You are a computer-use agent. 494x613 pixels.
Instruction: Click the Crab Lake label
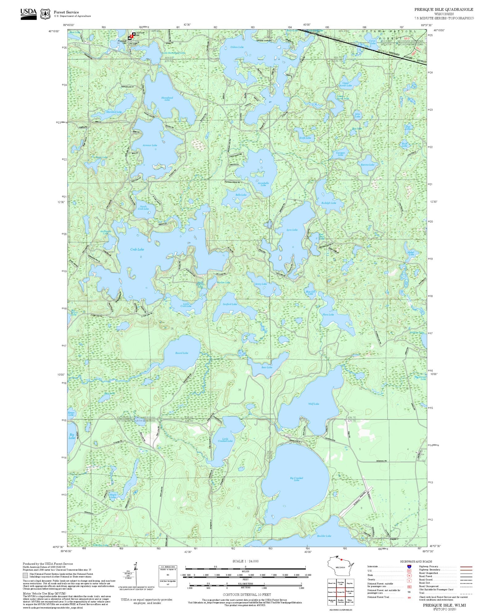point(137,249)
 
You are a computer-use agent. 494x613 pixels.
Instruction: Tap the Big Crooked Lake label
point(296,479)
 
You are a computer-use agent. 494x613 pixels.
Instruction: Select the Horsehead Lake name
point(167,99)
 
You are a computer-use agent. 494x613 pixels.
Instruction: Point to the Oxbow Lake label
point(237,47)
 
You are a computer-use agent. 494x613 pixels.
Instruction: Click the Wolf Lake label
point(314,404)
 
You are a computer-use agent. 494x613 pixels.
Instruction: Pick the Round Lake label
point(182,353)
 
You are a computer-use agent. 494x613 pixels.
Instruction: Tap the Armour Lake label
point(150,145)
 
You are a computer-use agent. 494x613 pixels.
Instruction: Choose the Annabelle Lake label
point(263,184)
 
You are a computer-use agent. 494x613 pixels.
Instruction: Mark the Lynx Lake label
point(292,230)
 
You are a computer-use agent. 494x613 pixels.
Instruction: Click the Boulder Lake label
point(324,536)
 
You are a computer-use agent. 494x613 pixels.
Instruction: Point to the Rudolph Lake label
point(329,203)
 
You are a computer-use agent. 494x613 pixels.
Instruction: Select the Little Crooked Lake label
point(225,440)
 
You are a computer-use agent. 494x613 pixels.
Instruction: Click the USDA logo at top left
point(28,14)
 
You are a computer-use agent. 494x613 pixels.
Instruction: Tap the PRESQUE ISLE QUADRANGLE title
point(444,10)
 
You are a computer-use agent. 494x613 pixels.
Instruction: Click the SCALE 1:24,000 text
point(245,561)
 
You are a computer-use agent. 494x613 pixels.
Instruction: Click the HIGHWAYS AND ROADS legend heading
point(416,561)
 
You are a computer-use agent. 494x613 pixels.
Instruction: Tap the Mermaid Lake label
point(114,112)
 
